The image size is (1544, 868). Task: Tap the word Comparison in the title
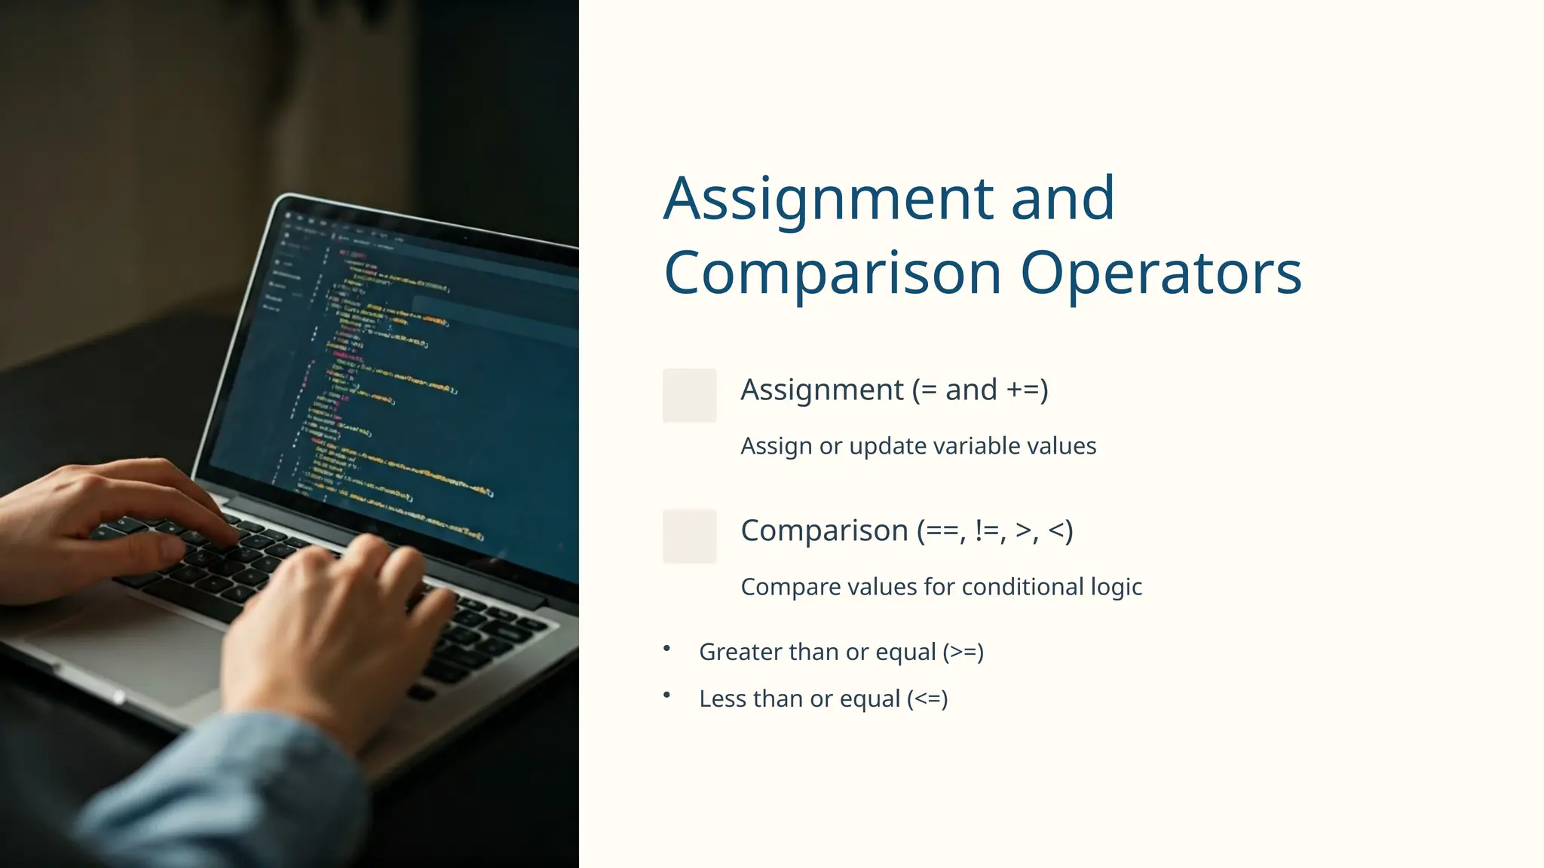832,273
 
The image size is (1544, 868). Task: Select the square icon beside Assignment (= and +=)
689,396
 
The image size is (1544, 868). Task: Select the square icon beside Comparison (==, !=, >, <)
689,536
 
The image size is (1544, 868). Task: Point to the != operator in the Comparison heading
989,531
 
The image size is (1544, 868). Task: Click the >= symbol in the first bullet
963,653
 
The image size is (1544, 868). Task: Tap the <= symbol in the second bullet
927,699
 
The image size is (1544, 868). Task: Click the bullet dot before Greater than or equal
666,648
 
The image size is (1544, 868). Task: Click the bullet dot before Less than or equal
666,695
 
